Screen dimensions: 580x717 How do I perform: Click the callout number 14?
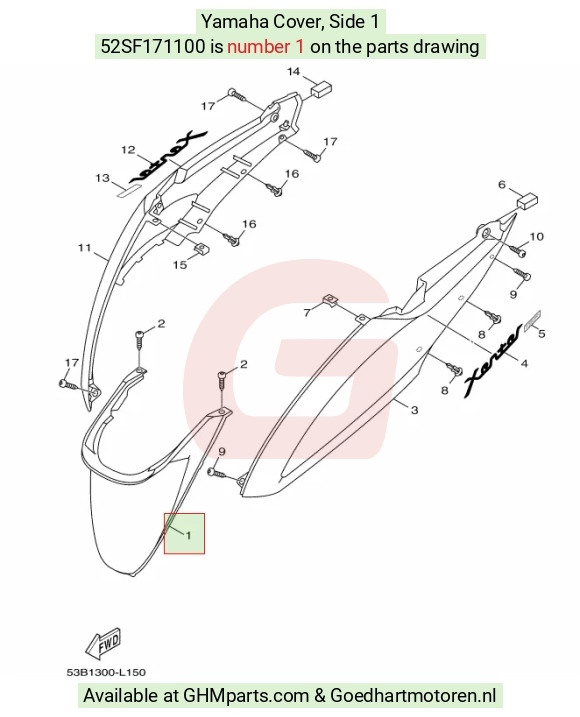(293, 71)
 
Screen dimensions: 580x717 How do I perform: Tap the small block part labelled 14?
(322, 88)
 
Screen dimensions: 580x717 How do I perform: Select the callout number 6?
(502, 184)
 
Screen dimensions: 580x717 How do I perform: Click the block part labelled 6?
(527, 201)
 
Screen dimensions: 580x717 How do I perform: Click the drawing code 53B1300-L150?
(106, 672)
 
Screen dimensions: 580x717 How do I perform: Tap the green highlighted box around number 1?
(184, 533)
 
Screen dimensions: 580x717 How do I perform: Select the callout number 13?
(102, 178)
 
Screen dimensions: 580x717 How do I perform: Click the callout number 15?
(180, 264)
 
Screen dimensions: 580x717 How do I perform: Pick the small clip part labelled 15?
(201, 248)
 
